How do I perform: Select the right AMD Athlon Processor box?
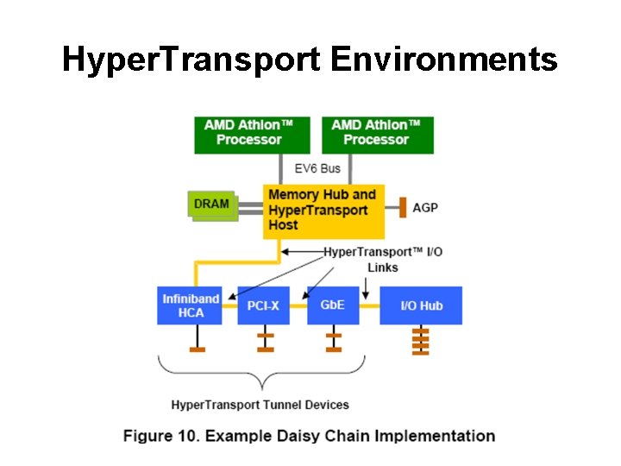pos(376,134)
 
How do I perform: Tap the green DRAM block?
pos(212,205)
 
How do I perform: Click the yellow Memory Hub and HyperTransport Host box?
pos(323,211)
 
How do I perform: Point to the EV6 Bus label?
pos(317,168)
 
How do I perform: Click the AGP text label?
pos(425,208)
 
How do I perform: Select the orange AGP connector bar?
pos(402,207)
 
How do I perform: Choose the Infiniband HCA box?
pos(191,305)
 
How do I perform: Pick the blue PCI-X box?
pos(263,305)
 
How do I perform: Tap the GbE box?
pos(333,305)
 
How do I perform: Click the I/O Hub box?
pos(421,305)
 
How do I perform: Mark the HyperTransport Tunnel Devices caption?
pos(260,404)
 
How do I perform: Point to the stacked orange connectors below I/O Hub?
pos(420,341)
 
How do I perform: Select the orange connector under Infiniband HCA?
pos(198,349)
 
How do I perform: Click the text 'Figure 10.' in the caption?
pos(161,436)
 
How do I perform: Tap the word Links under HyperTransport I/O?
pos(382,268)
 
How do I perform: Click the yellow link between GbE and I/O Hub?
pos(369,305)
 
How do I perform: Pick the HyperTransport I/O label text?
pos(383,251)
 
